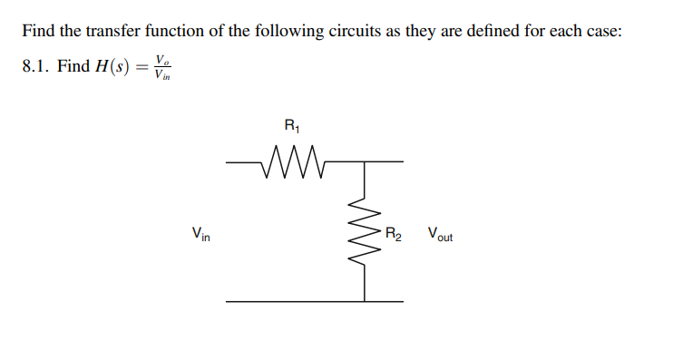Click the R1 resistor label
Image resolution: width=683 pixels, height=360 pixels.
click(290, 126)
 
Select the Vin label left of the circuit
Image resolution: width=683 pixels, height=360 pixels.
click(200, 234)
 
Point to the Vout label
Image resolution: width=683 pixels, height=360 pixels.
click(439, 234)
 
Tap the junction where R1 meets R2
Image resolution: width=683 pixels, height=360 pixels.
click(364, 163)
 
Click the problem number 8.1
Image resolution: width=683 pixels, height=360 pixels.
click(34, 67)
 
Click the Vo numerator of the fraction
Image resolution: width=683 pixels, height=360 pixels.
click(162, 59)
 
